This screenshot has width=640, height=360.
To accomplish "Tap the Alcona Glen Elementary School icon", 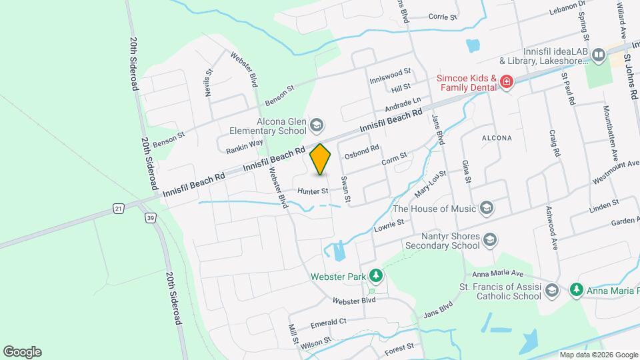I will [317, 125].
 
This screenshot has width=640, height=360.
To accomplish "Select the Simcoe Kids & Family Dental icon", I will [507, 82].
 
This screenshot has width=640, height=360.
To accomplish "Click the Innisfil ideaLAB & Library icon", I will [598, 55].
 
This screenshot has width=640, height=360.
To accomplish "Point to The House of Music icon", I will [486, 209].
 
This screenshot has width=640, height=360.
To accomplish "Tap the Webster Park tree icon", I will [376, 275].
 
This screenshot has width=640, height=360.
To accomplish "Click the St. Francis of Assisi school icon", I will [551, 290].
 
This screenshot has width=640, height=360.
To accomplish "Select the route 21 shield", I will [118, 209].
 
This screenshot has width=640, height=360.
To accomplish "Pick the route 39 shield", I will [150, 217].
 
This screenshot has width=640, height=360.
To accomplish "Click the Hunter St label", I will [313, 191].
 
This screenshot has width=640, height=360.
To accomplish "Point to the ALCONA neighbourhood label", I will [497, 138].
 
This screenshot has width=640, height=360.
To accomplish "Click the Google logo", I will [22, 352].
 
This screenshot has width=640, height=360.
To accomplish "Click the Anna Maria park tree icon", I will [576, 290].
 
